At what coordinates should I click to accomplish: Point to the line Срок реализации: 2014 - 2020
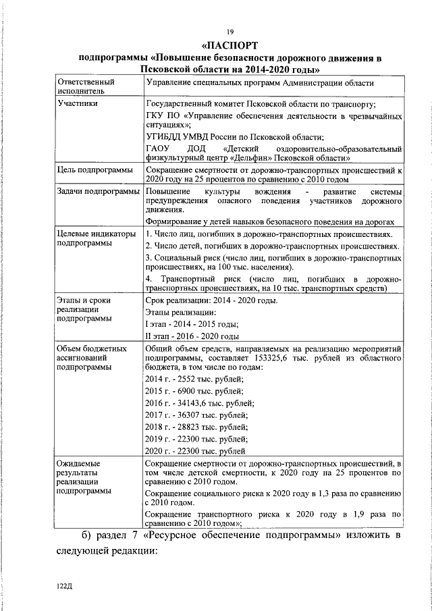click(211, 300)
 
